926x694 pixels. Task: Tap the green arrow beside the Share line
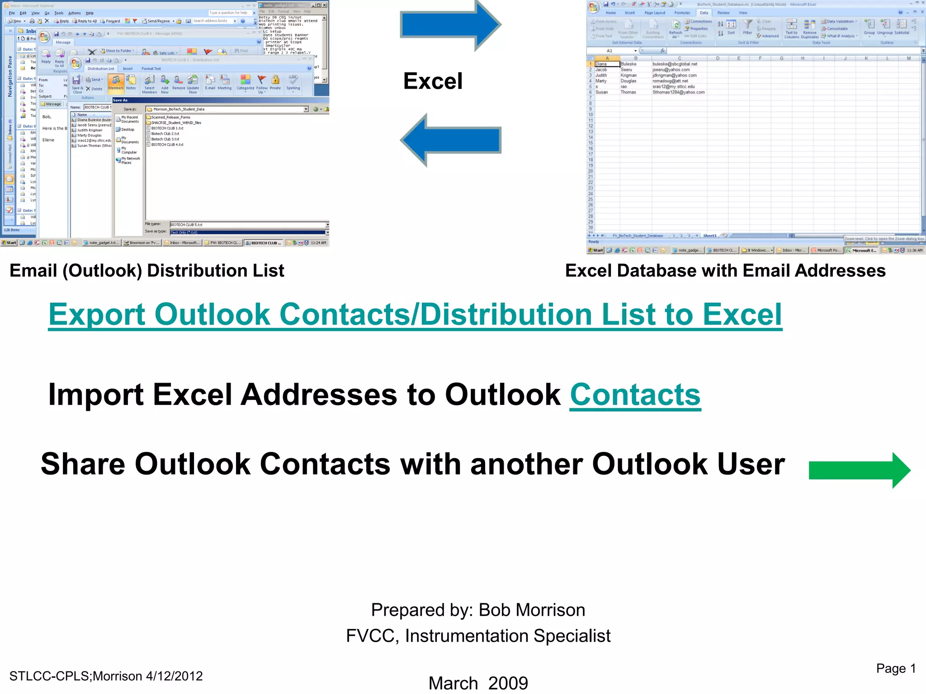[x=859, y=470]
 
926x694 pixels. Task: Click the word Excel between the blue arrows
[x=433, y=81]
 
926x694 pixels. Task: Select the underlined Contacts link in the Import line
[x=635, y=395]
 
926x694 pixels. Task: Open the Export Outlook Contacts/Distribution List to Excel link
[x=415, y=314]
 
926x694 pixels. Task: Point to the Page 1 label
[x=896, y=668]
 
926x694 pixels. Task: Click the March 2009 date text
[x=478, y=683]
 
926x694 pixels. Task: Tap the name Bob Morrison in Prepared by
[x=532, y=610]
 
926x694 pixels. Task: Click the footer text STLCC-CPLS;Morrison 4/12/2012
[x=106, y=676]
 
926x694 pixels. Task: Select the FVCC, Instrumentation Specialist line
[x=478, y=636]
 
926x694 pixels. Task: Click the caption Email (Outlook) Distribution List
[x=147, y=271]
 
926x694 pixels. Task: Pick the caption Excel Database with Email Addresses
[x=725, y=271]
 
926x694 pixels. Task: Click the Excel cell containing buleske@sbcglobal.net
[x=675, y=64]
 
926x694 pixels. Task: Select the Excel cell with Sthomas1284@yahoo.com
[x=678, y=92]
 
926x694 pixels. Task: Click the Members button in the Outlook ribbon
[x=116, y=83]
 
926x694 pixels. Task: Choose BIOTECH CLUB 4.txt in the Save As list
[x=167, y=145]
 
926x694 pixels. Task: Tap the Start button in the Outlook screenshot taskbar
[x=9, y=243]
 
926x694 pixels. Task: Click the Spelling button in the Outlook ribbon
[x=293, y=83]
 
